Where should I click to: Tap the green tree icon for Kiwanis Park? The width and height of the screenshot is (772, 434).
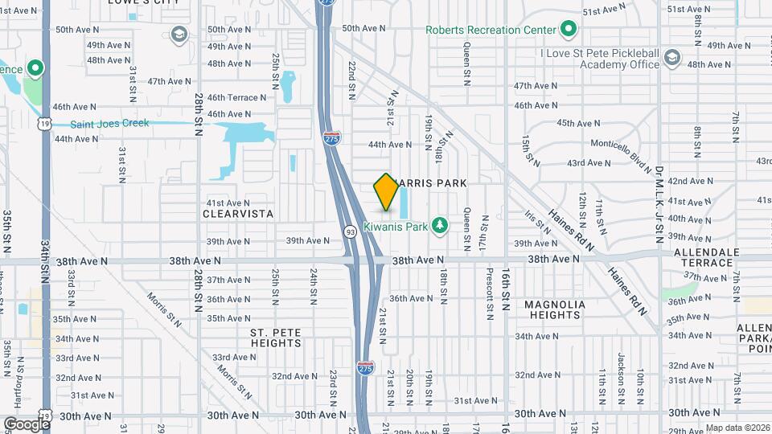(x=439, y=224)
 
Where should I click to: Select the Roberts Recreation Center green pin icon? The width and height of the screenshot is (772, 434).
(x=569, y=30)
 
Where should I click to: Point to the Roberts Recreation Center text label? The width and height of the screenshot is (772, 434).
(x=491, y=31)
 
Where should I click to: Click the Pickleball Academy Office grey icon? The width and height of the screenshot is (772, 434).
(x=671, y=57)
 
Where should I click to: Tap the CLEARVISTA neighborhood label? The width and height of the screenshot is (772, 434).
(x=239, y=215)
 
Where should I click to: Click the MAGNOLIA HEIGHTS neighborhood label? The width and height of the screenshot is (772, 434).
(x=552, y=309)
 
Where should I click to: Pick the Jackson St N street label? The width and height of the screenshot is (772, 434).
(x=622, y=370)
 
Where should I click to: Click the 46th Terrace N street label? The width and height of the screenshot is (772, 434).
(x=236, y=97)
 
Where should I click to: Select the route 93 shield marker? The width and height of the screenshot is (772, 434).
(x=351, y=232)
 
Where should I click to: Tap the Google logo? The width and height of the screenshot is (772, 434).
(x=27, y=424)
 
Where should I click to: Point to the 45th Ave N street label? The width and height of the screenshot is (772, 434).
(x=577, y=123)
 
